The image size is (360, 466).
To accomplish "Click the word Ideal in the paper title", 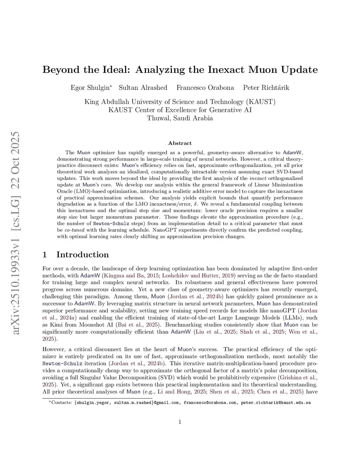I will coord(114,70).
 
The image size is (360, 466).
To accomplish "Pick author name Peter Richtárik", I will coord(266,88).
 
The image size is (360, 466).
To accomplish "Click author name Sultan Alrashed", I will coord(143,88).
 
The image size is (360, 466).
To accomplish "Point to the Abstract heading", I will coord(180,143).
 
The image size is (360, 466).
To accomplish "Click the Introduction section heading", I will coord(82,255).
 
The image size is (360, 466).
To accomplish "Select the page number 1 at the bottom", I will coord(180,422).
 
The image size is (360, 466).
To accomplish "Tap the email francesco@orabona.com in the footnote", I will coord(210,403).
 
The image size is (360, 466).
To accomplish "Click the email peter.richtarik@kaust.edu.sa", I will coord(276,403).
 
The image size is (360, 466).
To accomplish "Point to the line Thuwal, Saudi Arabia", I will coord(180,118).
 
